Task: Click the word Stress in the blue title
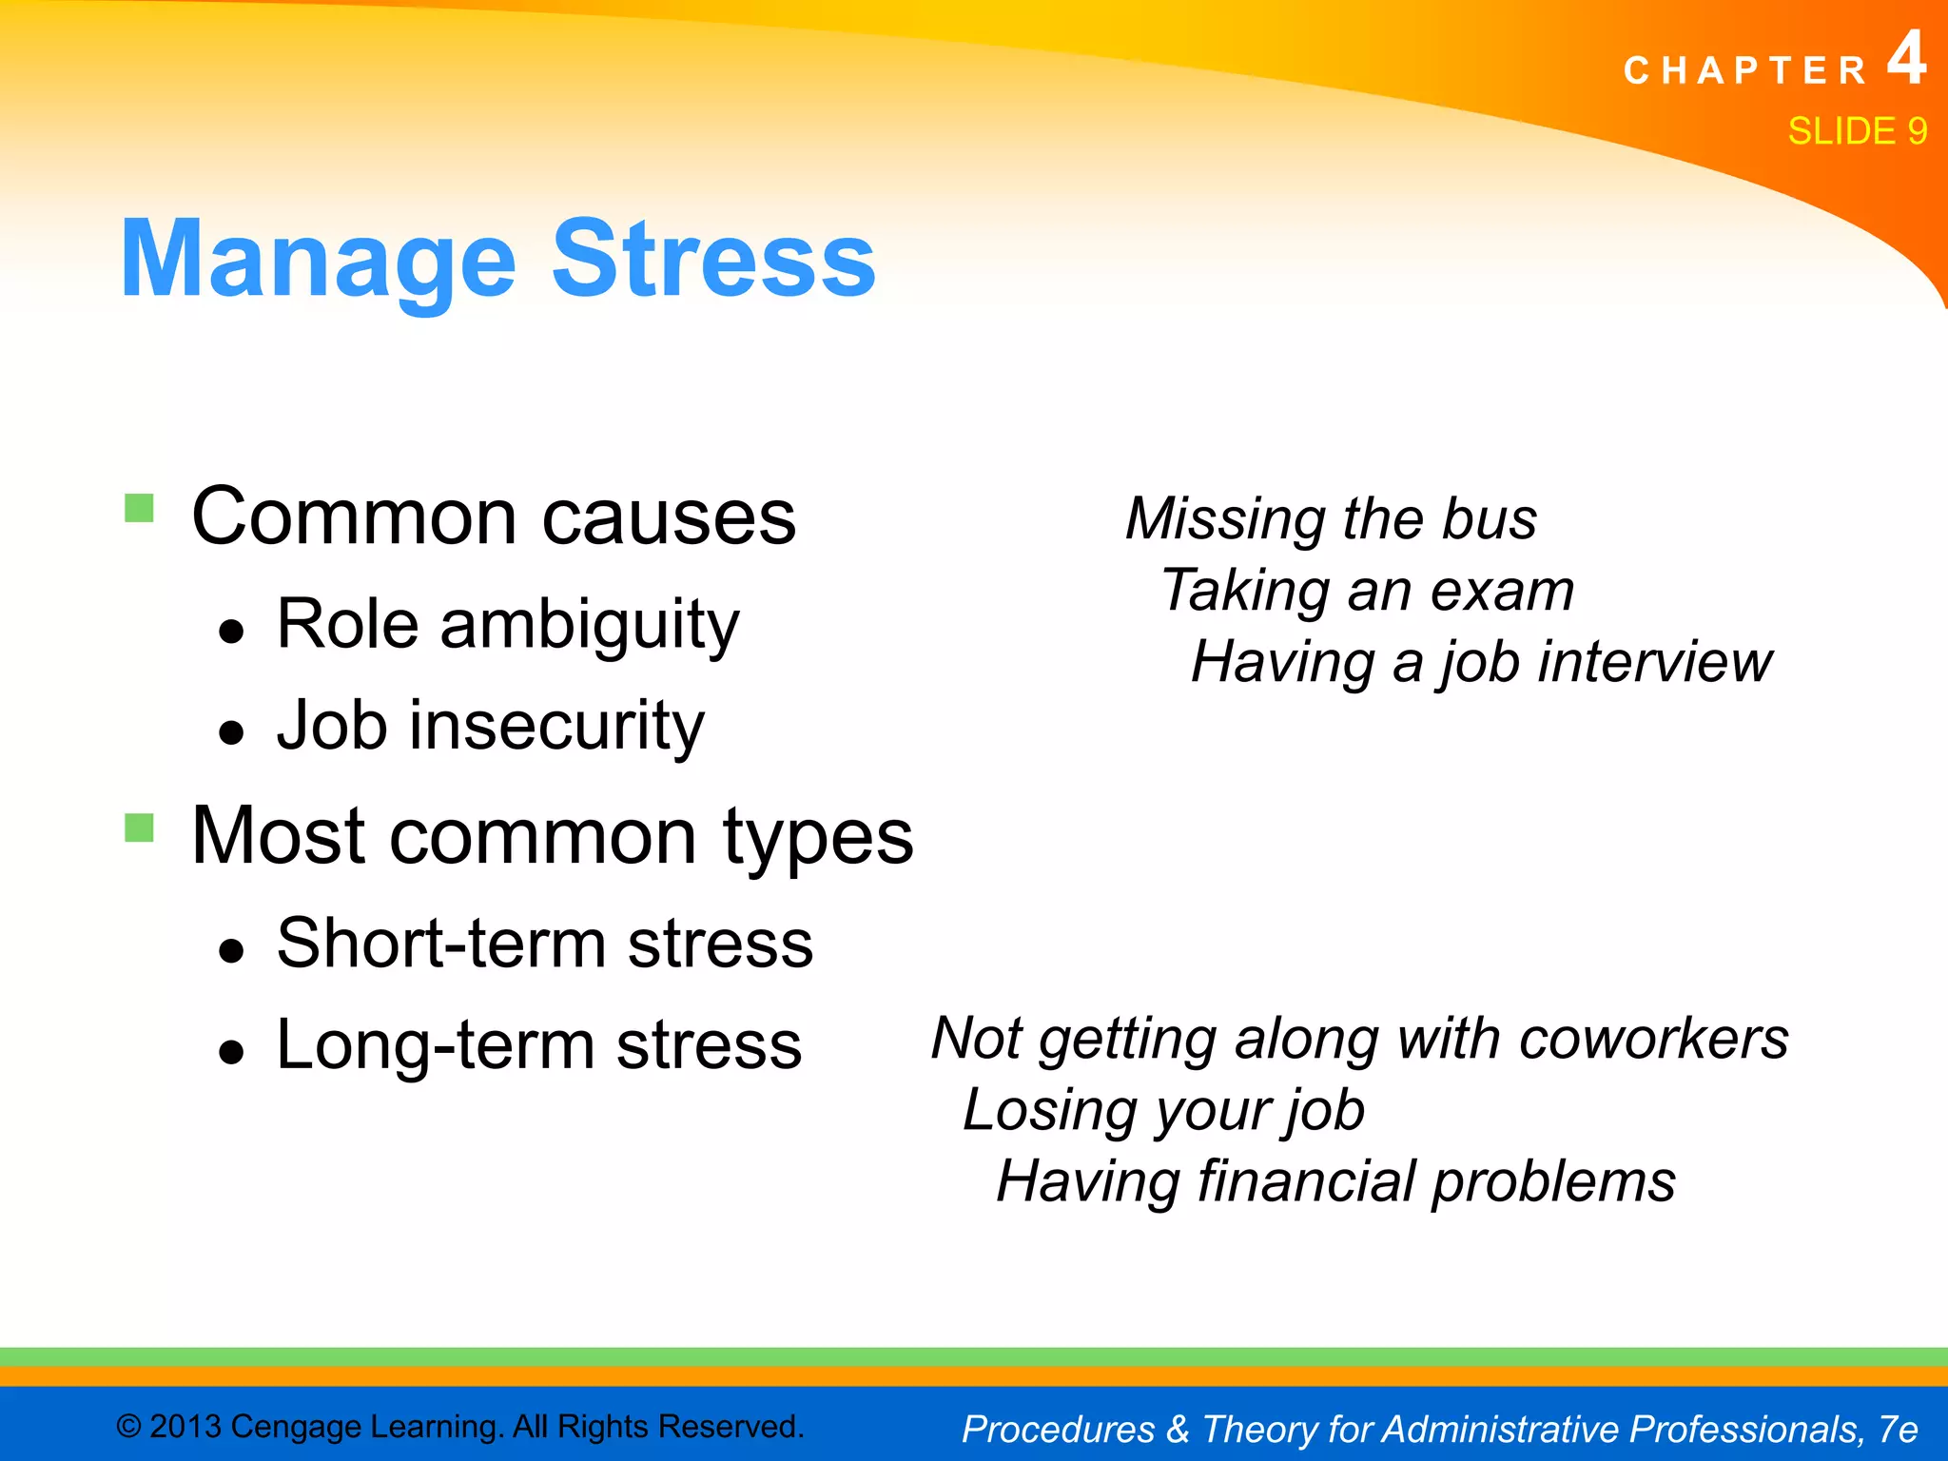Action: click(x=713, y=259)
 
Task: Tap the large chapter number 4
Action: click(x=1906, y=59)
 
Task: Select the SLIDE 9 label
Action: click(x=1857, y=131)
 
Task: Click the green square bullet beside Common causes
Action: click(x=139, y=508)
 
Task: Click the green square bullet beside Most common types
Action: click(x=139, y=828)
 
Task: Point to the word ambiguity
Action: click(x=589, y=626)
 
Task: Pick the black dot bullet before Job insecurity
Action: click(x=231, y=732)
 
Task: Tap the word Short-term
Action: click(x=441, y=944)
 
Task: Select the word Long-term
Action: click(x=435, y=1044)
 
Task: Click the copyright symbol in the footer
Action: click(x=128, y=1427)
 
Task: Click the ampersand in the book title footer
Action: click(x=1178, y=1429)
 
